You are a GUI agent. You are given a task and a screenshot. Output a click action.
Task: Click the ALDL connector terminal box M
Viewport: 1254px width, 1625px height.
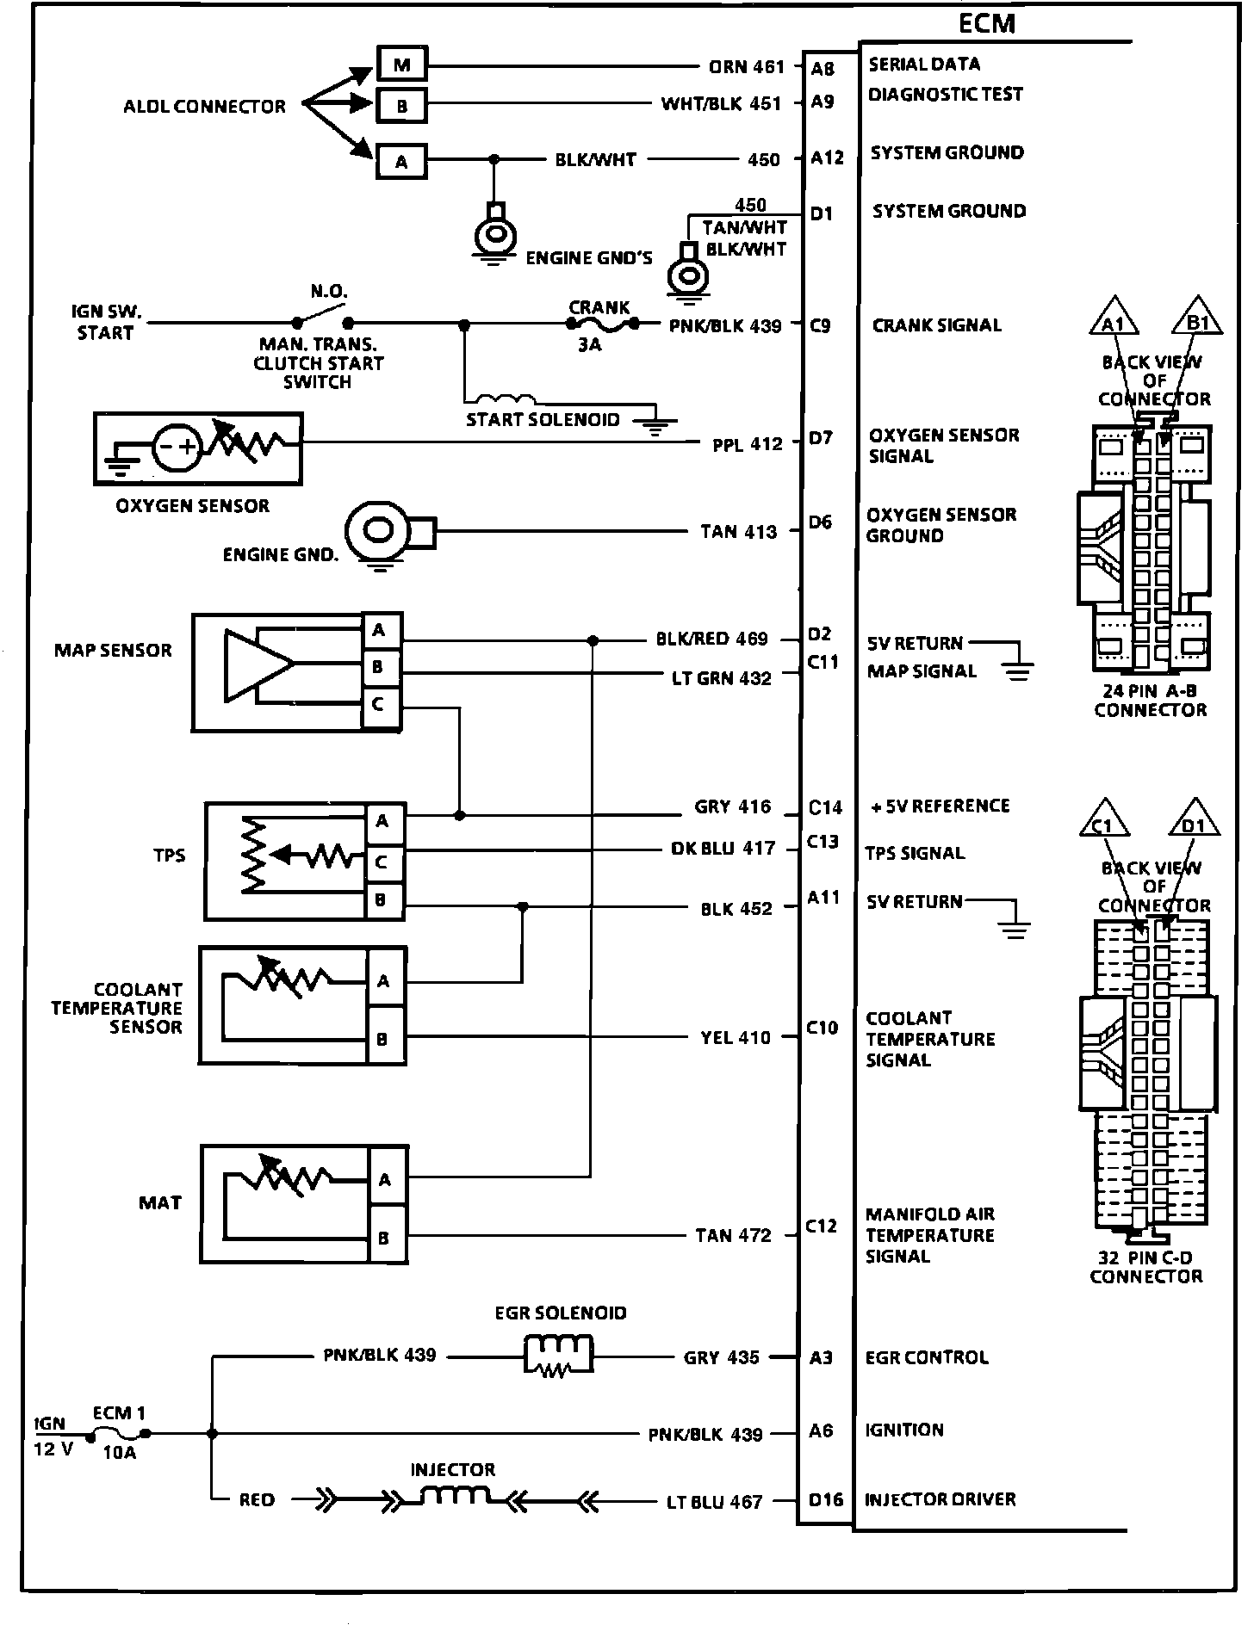[402, 65]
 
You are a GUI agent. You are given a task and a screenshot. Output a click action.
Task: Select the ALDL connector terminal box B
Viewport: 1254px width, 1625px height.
[402, 106]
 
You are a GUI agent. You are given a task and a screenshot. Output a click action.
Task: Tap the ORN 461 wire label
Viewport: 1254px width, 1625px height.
[747, 66]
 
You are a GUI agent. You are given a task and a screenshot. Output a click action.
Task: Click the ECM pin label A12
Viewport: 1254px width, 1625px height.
[828, 158]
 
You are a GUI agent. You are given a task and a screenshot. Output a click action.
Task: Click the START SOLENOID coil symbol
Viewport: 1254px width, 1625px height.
[506, 399]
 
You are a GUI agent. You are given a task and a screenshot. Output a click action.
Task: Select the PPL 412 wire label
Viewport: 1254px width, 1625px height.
[748, 444]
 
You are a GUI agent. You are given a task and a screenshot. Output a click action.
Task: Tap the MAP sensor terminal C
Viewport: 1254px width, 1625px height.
[379, 705]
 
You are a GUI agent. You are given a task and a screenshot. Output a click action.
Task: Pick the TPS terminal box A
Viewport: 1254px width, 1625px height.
[382, 822]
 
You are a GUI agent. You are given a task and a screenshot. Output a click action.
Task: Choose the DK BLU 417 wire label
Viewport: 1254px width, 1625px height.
[723, 849]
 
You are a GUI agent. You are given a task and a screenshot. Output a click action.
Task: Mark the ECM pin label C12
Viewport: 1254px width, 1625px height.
[822, 1226]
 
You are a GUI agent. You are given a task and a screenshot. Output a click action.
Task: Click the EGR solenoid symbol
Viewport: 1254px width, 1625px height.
[559, 1357]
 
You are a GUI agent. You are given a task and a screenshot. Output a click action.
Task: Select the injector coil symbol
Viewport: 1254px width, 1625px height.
[453, 1498]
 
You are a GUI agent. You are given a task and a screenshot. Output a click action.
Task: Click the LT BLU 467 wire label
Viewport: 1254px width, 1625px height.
[715, 1502]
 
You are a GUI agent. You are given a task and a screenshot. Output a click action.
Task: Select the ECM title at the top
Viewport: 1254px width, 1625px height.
[987, 24]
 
